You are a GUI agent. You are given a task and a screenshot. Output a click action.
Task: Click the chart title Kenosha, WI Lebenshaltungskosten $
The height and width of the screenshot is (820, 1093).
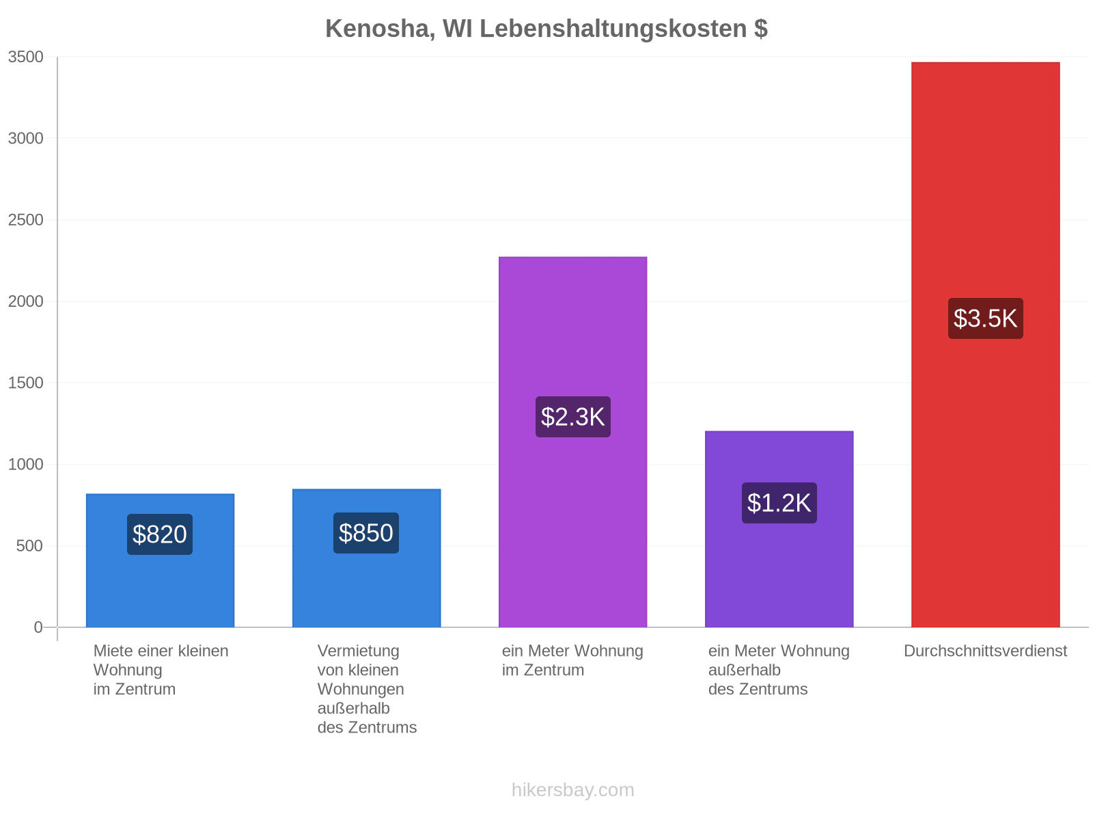click(x=546, y=29)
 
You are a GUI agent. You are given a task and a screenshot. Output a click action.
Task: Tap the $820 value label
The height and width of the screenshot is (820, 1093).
click(x=159, y=534)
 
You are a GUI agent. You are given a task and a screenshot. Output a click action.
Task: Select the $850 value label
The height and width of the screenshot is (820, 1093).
click(x=366, y=533)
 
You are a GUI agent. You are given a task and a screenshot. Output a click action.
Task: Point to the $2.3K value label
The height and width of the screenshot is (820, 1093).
click(x=572, y=417)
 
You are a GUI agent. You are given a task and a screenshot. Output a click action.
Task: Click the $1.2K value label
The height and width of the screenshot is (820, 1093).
click(x=779, y=503)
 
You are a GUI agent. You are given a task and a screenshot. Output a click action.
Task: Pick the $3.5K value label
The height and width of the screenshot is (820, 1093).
click(x=986, y=318)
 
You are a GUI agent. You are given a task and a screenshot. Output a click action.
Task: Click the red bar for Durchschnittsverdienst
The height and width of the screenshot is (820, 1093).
click(x=986, y=344)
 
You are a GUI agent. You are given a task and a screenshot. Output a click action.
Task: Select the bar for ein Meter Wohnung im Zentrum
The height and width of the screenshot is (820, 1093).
click(x=572, y=442)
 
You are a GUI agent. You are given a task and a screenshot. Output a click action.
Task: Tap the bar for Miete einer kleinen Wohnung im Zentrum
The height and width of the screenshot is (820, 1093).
click(x=160, y=560)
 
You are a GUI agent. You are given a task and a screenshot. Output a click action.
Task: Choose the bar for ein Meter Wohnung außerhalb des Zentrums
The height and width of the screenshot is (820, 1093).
click(x=779, y=529)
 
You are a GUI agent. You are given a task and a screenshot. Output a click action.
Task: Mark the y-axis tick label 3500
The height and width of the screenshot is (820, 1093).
click(x=25, y=57)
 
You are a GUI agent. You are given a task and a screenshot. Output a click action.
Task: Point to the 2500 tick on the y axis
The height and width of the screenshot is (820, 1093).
click(x=25, y=219)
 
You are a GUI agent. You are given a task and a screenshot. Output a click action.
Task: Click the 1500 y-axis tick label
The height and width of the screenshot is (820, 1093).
click(x=25, y=383)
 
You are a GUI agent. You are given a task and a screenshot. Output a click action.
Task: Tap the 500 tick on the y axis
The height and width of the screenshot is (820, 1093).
click(x=30, y=546)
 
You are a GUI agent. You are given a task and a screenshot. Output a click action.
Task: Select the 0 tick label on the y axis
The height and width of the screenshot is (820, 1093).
click(x=38, y=627)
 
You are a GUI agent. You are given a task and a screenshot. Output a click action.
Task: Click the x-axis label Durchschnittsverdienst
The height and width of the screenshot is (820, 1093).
click(x=986, y=651)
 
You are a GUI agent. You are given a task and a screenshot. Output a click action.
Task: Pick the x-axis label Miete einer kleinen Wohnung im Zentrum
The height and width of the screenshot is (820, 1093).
click(x=161, y=670)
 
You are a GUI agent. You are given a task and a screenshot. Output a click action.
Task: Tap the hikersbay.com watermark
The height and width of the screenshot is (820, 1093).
click(x=572, y=790)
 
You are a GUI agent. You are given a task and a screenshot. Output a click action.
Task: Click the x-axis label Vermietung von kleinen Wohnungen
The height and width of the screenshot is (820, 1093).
click(x=361, y=670)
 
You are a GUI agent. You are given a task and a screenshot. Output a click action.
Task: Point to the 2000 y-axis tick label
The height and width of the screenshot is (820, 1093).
click(x=25, y=301)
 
